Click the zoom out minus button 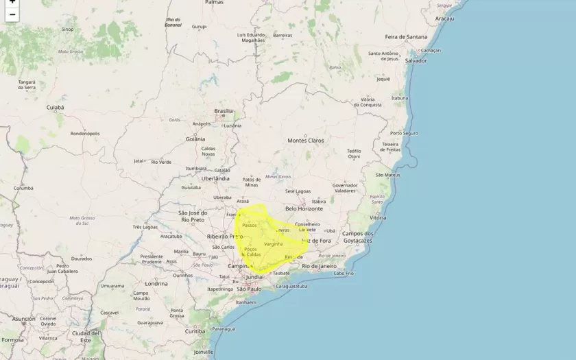(x=12, y=14)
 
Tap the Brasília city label (x=224, y=111)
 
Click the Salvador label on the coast (x=416, y=60)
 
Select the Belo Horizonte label (x=304, y=208)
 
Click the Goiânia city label (x=195, y=139)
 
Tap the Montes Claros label (x=305, y=141)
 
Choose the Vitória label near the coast (x=378, y=217)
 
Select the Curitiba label (x=195, y=331)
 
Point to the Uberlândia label (x=215, y=178)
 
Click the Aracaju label (x=444, y=19)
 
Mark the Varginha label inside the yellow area (x=273, y=244)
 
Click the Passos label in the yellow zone (x=249, y=225)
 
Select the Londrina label (x=156, y=283)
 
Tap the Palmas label (x=214, y=3)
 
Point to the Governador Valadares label (x=345, y=188)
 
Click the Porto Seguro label (x=404, y=133)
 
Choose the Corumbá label (x=23, y=188)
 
